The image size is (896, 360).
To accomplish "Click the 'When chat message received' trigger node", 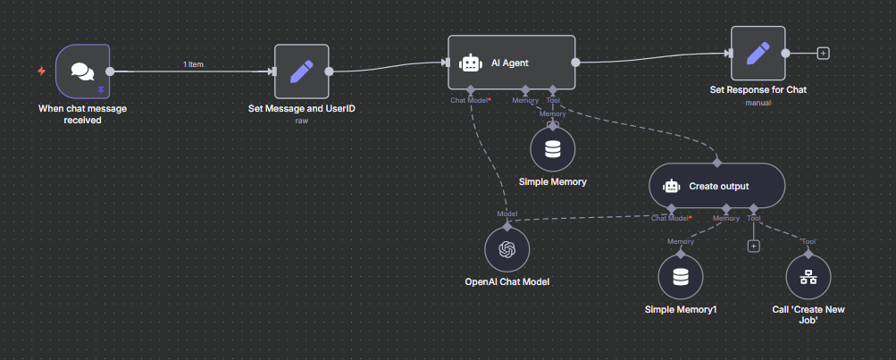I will point(82,71).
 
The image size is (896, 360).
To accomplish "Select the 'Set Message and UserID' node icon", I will point(301,71).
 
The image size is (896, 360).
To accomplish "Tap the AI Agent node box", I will point(511,63).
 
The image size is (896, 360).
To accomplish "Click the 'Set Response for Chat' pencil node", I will point(758,53).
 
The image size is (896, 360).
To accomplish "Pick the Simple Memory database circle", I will point(553,149).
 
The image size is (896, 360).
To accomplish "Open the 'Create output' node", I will point(716,187).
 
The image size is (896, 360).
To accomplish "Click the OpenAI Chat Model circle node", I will point(507,250).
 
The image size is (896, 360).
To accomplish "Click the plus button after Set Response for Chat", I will point(823,53).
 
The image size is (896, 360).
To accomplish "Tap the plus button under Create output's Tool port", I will point(753,246).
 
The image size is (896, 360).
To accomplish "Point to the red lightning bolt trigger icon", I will point(42,71).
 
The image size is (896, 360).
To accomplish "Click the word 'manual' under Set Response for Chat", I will point(758,103).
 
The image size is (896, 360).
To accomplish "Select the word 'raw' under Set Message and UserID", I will point(301,120).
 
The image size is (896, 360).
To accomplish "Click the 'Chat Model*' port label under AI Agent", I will point(471,100).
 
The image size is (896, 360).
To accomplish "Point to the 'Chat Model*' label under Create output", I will point(671,218).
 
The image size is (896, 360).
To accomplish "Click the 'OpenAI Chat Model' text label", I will point(507,282).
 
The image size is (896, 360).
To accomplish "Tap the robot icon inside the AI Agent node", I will point(470,63).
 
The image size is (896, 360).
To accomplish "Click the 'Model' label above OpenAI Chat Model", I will point(507,214).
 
